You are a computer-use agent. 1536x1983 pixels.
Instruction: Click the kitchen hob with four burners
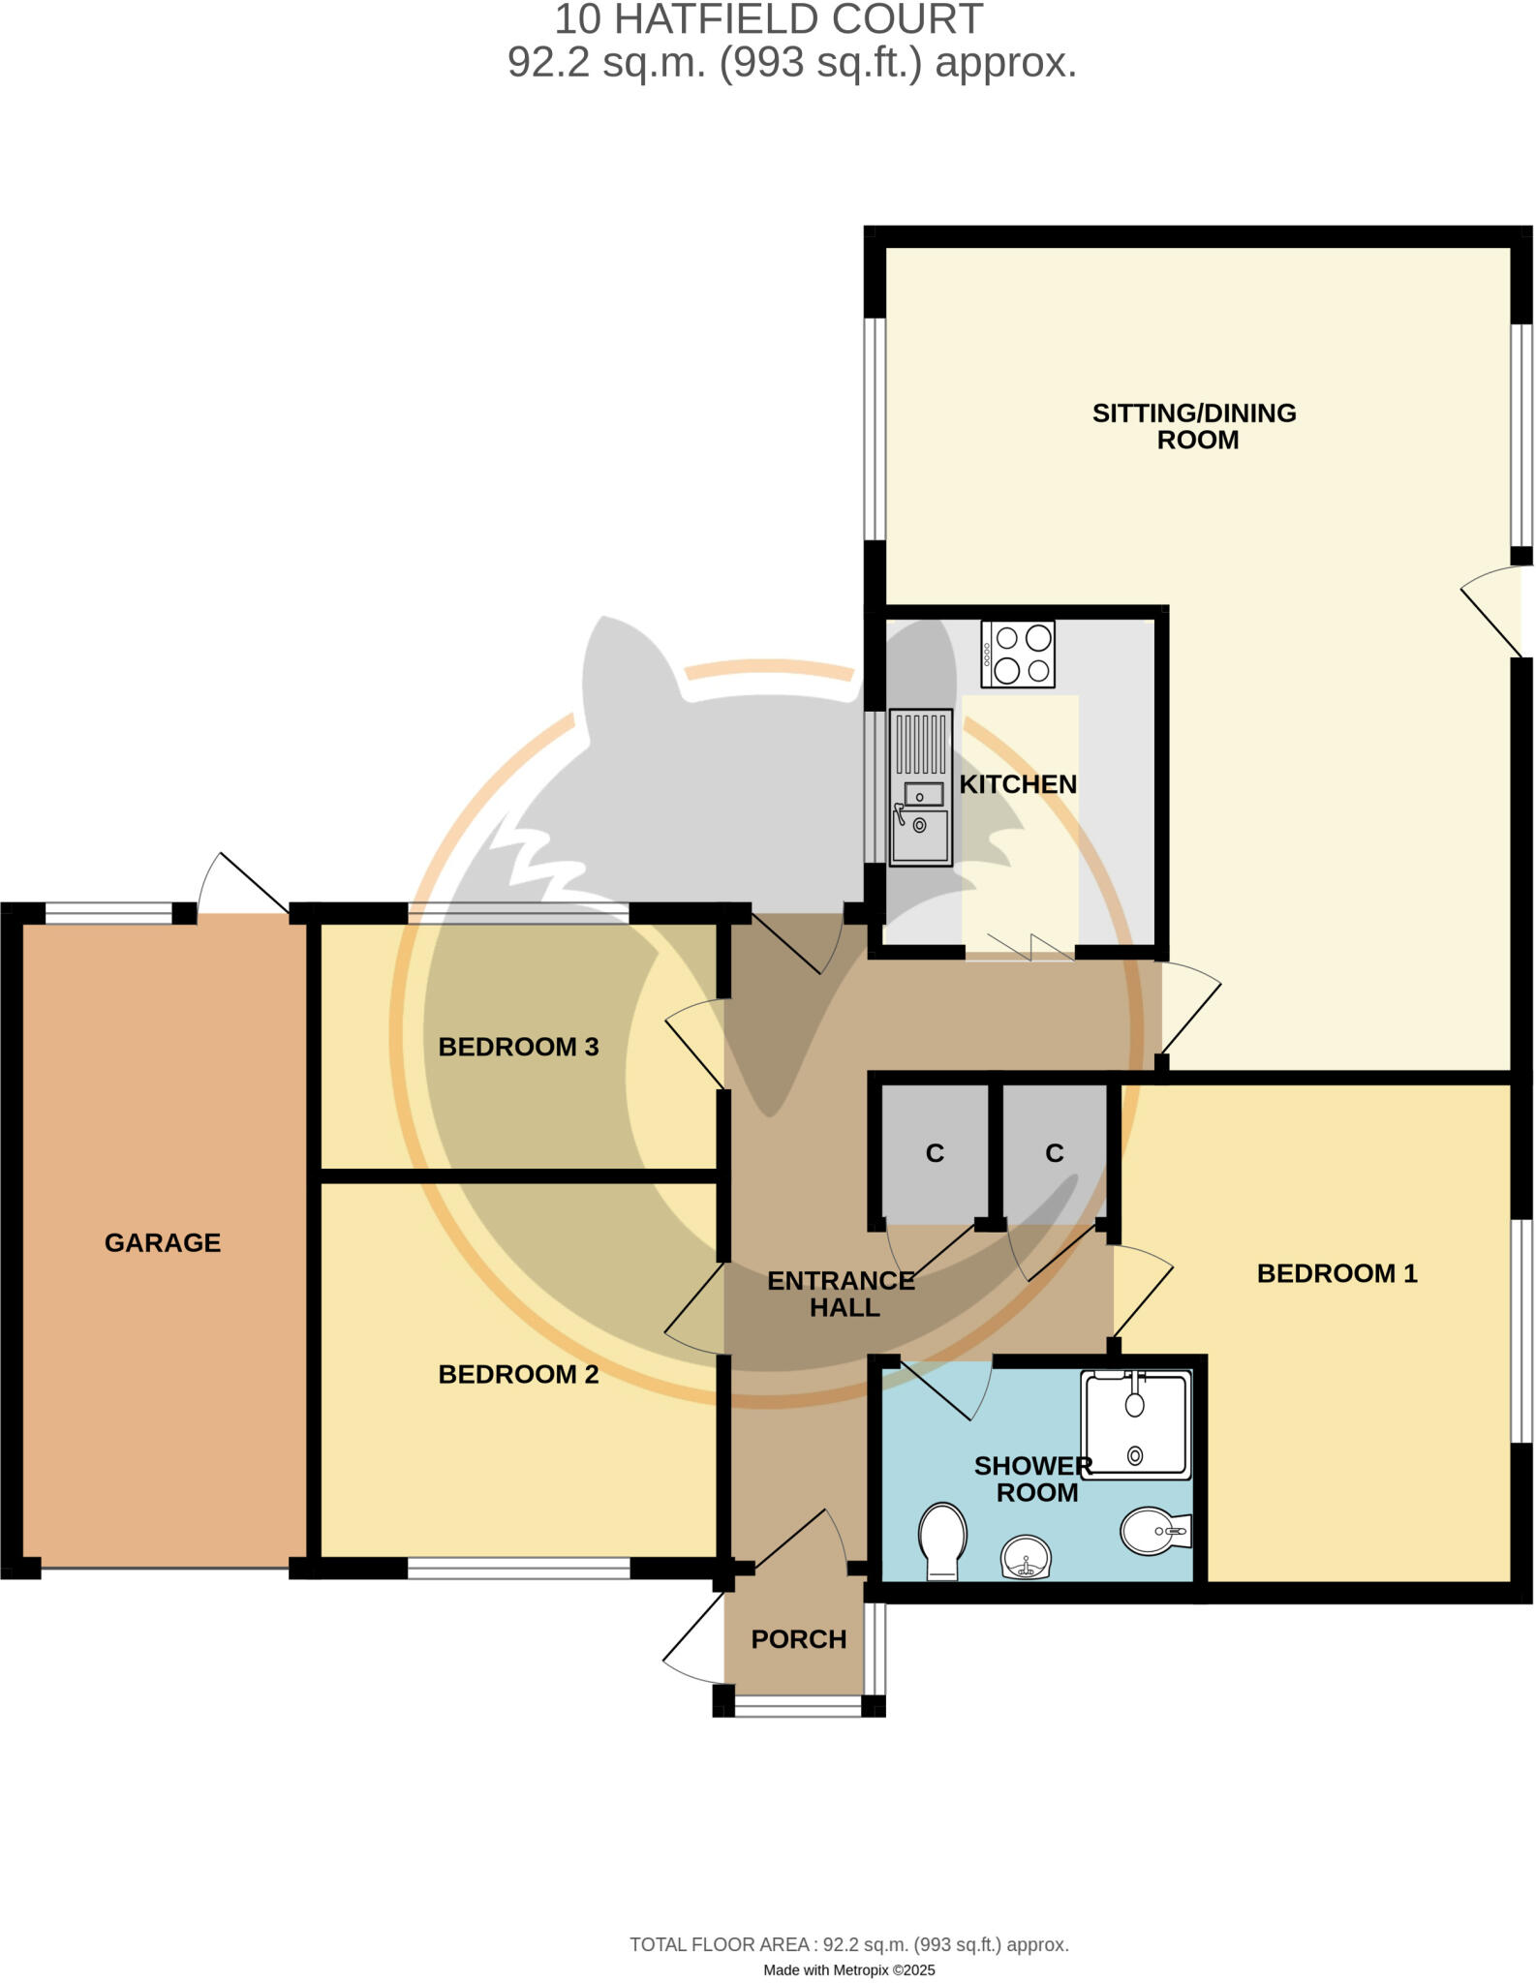(1017, 655)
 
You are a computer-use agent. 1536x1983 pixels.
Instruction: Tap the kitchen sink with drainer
(920, 787)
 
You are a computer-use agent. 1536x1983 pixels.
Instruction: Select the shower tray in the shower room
(1136, 1423)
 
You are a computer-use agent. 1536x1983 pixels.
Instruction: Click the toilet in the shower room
(942, 1540)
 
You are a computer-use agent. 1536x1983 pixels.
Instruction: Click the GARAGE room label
(163, 1242)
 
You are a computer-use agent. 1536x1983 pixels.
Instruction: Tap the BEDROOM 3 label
(518, 1047)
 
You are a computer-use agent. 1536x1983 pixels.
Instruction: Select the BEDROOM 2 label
(518, 1374)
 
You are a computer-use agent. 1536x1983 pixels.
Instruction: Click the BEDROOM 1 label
(1336, 1273)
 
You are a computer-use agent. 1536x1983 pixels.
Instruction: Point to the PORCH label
(799, 1639)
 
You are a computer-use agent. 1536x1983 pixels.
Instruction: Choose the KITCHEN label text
(1018, 784)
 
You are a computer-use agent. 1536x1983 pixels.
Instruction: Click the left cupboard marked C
(935, 1153)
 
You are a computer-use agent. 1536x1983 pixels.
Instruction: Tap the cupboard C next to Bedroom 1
(1055, 1153)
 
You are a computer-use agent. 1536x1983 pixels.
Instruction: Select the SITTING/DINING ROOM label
(1195, 426)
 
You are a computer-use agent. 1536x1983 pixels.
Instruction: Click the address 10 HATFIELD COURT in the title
(768, 19)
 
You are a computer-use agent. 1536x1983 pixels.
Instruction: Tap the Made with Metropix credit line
(848, 1969)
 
